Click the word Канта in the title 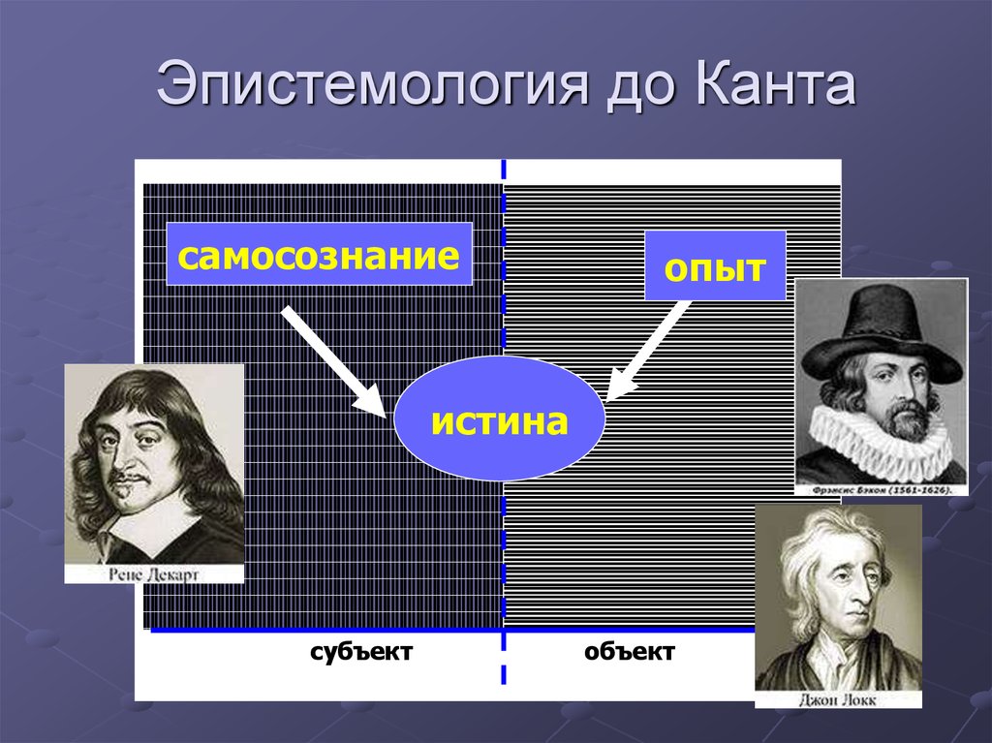tap(775, 83)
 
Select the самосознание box tap(319, 254)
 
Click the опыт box tap(715, 265)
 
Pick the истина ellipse tap(499, 418)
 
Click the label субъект tap(361, 651)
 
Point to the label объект tap(630, 651)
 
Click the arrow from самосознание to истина tap(334, 362)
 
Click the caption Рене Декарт tap(154, 574)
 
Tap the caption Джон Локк tap(838, 699)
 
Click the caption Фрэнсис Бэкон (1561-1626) tap(882, 490)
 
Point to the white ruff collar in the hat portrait tap(881, 441)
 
